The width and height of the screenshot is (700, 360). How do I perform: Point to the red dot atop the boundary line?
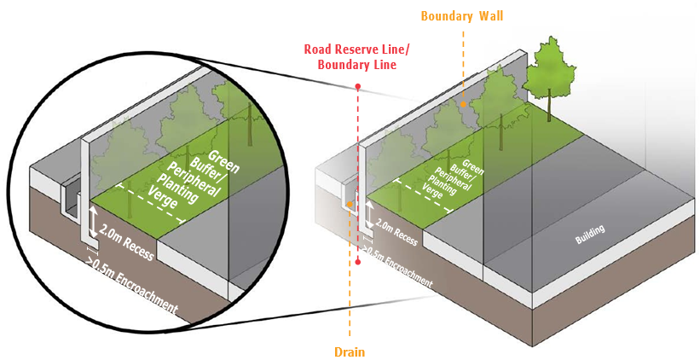(358, 87)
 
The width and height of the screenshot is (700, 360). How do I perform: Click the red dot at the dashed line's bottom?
(358, 262)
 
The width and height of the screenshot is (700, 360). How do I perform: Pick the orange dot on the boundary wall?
(463, 104)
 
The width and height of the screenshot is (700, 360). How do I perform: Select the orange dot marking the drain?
(350, 205)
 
